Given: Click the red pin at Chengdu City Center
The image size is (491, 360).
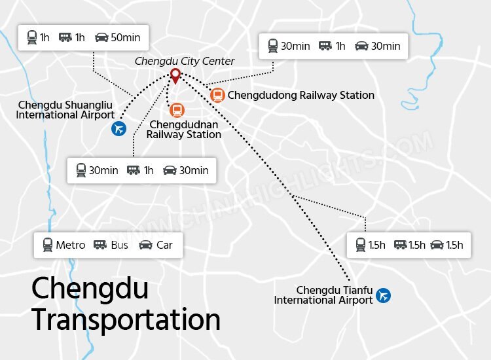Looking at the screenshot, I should pos(175,75).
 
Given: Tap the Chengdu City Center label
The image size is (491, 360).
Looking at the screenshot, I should pos(185,62).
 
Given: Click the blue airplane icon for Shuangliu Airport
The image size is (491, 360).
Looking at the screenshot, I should pos(118,129).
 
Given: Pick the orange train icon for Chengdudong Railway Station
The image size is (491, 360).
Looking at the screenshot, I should pos(217,96).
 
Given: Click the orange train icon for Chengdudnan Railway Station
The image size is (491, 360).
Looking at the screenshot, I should pos(176,111).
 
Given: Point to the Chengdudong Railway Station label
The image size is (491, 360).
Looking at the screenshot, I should pos(300,96).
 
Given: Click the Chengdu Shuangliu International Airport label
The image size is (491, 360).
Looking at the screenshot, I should pos(66,110).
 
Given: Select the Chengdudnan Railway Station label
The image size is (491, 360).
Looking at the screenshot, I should pos(183,130).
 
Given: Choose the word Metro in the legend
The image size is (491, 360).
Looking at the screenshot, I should pos(70,245).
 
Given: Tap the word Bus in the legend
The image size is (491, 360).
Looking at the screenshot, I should pos(120,245).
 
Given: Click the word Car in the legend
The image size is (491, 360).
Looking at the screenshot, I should pos(164,245).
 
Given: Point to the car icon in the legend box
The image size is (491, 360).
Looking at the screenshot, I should pos(145,245).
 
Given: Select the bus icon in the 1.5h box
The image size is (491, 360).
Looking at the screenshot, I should pos(399,245).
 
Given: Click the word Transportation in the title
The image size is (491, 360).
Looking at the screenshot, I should pos(126,320).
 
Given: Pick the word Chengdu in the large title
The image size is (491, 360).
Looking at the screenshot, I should pos(90,289).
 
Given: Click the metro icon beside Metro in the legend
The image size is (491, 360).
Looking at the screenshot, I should pos(47,245).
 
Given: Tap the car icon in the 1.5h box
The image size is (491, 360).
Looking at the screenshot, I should pos(437,245).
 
